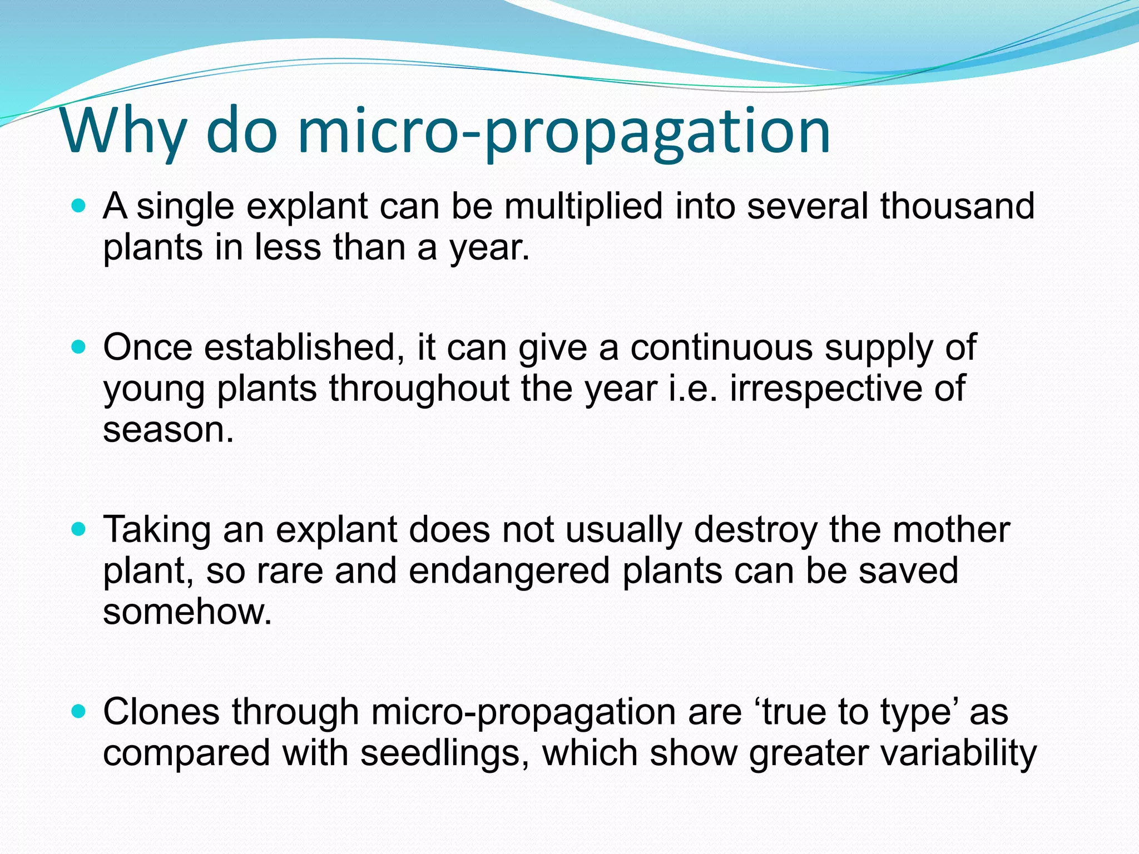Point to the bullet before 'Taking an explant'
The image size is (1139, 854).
(x=79, y=530)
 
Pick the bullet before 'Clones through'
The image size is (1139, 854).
(x=79, y=712)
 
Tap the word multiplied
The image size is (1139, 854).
(x=583, y=206)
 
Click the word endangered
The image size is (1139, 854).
(x=509, y=571)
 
